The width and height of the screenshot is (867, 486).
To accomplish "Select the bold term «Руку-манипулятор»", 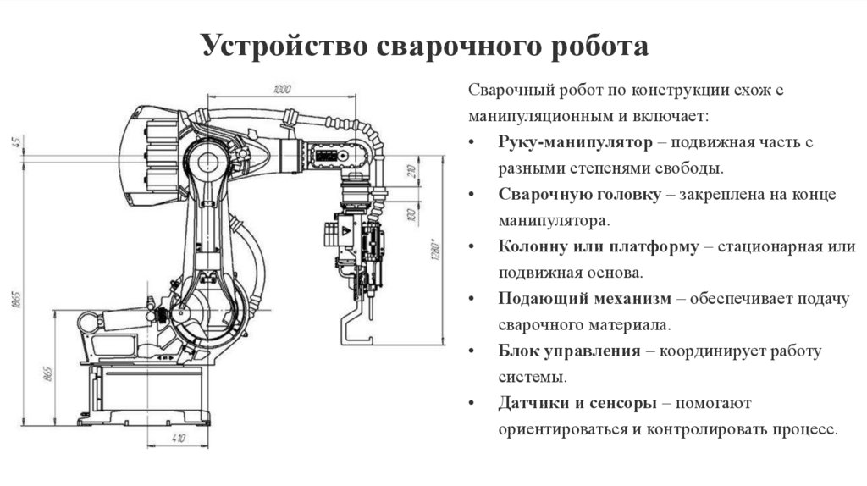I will [x=575, y=141].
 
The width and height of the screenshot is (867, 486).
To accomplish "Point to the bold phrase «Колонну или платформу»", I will [x=599, y=246].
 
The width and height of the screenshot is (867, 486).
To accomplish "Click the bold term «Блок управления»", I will [x=569, y=351].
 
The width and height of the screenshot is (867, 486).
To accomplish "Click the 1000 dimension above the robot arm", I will [x=282, y=89].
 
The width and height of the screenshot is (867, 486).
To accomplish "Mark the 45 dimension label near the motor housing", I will [x=16, y=141].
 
